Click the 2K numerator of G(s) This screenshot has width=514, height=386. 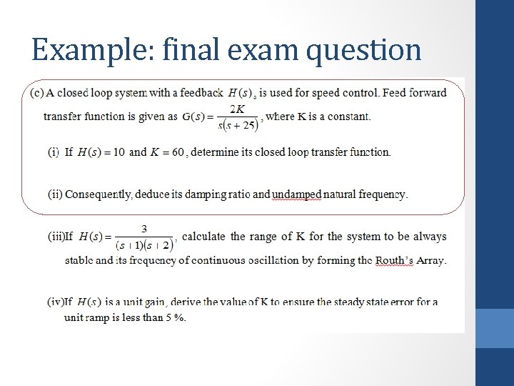pyautogui.click(x=238, y=108)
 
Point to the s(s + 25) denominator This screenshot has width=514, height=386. pyautogui.click(x=238, y=126)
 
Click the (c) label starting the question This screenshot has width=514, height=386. pyautogui.click(x=36, y=92)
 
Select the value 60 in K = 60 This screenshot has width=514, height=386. pyautogui.click(x=176, y=152)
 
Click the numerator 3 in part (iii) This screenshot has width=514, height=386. pyautogui.click(x=144, y=229)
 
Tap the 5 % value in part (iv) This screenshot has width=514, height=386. pyautogui.click(x=175, y=317)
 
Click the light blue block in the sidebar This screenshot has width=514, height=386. pyautogui.click(x=494, y=328)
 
